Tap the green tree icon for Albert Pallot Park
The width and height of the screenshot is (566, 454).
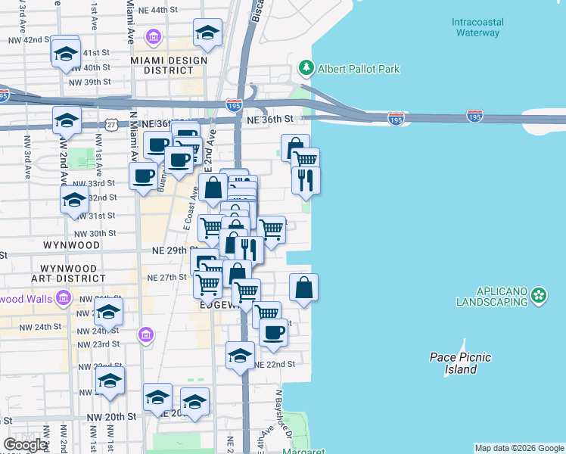[x=306, y=68]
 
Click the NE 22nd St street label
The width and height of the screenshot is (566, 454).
[x=274, y=364]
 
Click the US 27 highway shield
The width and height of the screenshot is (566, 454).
[x=111, y=124]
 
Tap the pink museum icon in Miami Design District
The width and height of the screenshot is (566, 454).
[x=154, y=37]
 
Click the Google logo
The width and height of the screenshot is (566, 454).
[x=25, y=445]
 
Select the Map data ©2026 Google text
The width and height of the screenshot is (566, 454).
[x=519, y=448]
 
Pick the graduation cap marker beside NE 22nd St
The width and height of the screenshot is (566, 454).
[x=241, y=355]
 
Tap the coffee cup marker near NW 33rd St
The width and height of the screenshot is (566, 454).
[x=143, y=177]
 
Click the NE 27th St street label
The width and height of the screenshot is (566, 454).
[x=166, y=277]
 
